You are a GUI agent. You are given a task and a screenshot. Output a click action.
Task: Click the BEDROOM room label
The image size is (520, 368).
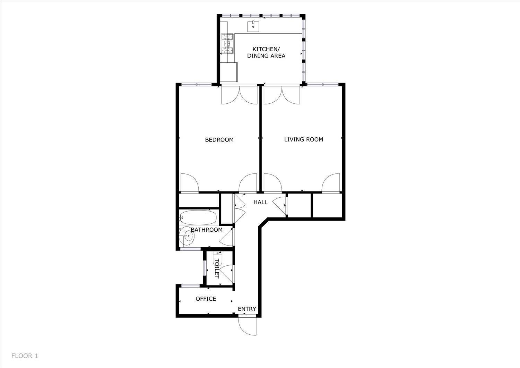point(219,140)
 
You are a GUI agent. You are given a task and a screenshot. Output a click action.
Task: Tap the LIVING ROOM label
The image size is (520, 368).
point(304,139)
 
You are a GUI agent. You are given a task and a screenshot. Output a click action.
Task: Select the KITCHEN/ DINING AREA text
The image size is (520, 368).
point(266,52)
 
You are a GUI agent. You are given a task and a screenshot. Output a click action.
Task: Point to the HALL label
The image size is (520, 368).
point(260,202)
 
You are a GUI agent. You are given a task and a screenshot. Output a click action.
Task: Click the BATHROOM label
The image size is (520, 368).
point(207,230)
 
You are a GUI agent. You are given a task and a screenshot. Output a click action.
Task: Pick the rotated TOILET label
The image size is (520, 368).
point(217,268)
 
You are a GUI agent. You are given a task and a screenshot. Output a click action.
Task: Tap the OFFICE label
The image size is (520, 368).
point(206,299)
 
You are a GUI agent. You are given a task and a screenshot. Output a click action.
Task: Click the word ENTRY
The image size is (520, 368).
point(247,309)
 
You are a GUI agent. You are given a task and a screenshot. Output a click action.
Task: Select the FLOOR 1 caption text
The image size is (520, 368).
point(25,356)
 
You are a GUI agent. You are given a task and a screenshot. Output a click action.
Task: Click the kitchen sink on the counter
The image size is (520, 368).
point(253,26)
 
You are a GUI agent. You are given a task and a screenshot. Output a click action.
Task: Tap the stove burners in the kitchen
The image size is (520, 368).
point(227,44)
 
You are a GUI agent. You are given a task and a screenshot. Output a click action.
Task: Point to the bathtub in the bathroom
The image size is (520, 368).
point(198,217)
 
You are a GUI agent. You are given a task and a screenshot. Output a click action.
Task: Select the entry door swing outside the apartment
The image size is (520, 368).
point(247,326)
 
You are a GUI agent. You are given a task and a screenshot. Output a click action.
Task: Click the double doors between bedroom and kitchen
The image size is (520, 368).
point(239,95)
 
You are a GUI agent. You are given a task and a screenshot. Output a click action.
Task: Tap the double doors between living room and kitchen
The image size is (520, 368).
point(282,95)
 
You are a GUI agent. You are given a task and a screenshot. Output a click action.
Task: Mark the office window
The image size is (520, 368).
point(190,286)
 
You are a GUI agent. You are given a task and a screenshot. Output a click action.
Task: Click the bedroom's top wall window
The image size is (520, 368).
point(197,84)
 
